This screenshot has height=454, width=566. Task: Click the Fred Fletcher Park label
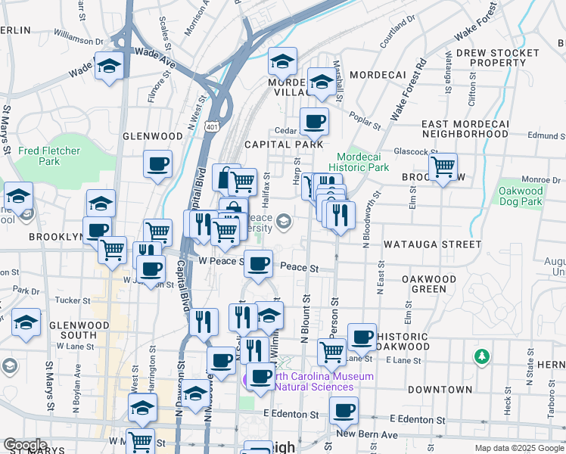point(49,156)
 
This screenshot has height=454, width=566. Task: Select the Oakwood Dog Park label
point(521,196)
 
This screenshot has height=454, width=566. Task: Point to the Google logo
point(25,444)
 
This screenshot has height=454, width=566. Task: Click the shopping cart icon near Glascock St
point(443,166)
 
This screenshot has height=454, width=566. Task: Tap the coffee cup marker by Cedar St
point(314,121)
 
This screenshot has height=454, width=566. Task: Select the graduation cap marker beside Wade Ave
point(110,68)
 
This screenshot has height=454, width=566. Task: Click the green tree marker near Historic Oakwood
point(480,355)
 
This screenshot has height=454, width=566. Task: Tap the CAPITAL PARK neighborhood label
point(284,144)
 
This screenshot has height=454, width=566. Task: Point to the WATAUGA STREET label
point(432,244)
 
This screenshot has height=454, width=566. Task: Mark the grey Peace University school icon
point(284,221)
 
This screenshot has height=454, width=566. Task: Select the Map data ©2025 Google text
point(518,448)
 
